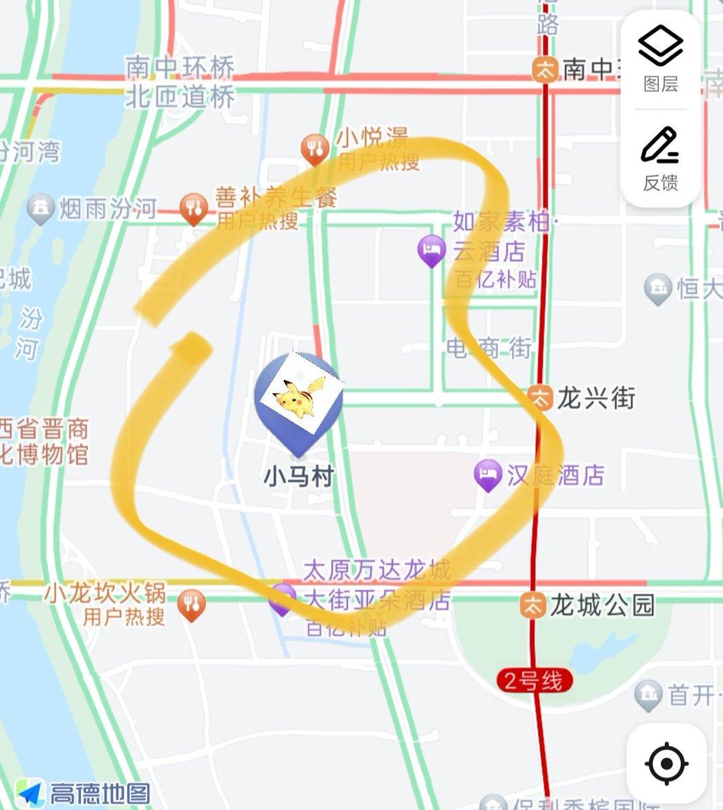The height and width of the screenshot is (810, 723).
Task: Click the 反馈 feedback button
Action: point(660,159)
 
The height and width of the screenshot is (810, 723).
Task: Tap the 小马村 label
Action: point(299,477)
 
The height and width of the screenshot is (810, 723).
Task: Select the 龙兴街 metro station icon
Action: point(541,397)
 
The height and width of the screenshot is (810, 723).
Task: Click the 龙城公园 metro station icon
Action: point(533,604)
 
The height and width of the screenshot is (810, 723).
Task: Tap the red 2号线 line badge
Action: point(534,680)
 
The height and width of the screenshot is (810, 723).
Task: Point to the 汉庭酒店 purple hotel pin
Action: point(488,475)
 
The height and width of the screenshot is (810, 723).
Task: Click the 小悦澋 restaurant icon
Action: point(315,150)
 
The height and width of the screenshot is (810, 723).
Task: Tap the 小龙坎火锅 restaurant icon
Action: point(192,605)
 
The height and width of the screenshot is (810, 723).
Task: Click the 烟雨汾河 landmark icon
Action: point(41,209)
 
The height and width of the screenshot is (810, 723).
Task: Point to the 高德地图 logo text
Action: point(100,793)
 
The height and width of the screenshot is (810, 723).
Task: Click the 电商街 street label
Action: point(489,348)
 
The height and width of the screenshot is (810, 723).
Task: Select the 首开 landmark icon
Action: point(649,695)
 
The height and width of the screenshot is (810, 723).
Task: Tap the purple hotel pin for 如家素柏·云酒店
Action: point(432,250)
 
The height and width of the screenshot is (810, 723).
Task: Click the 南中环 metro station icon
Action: point(545,68)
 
